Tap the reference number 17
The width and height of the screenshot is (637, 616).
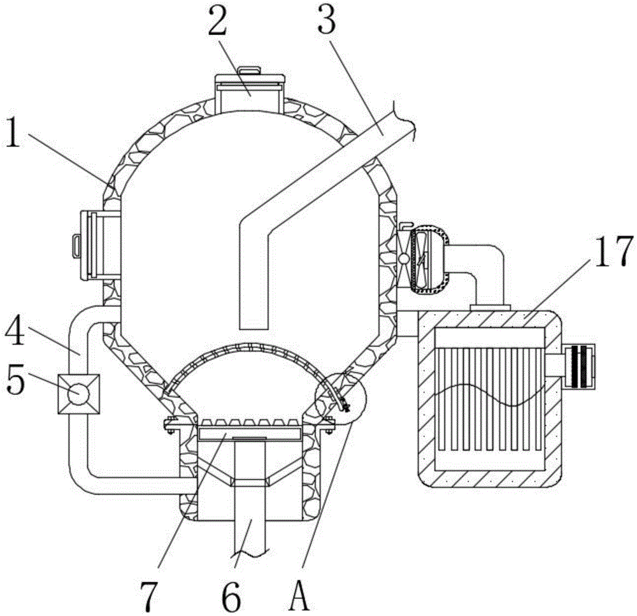click(x=613, y=251)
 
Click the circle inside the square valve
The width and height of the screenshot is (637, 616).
click(x=79, y=394)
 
